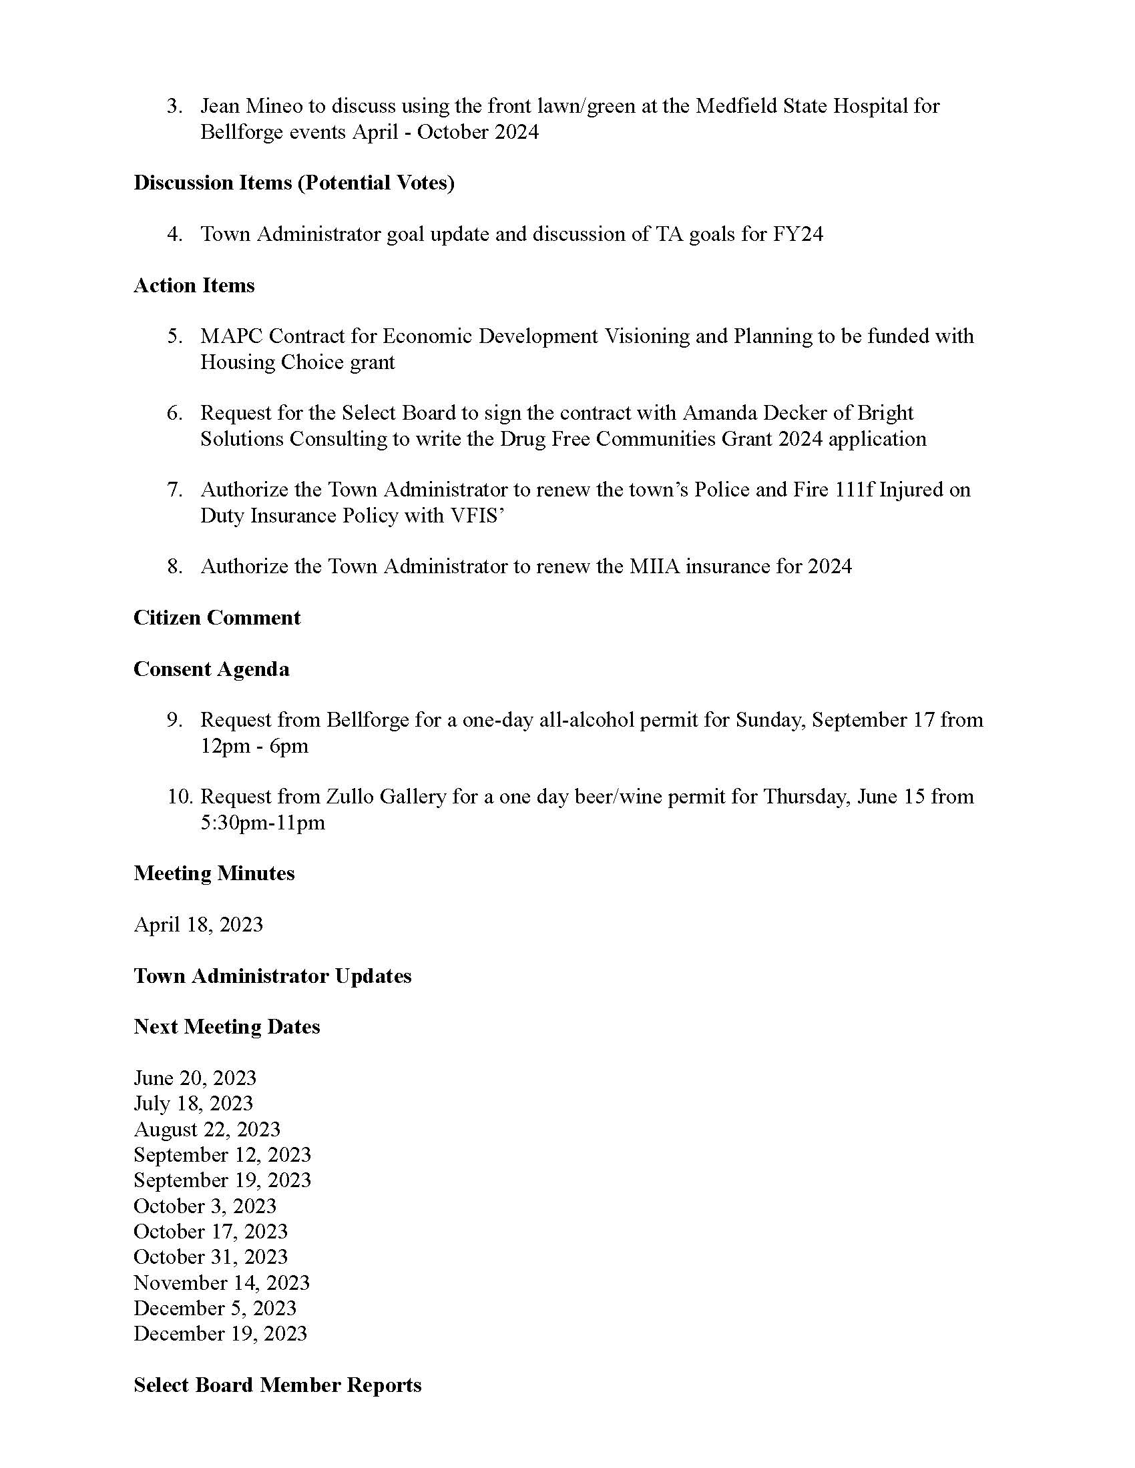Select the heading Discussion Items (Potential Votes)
[294, 183]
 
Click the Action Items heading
[194, 286]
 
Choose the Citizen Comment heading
[216, 618]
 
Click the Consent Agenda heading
[211, 669]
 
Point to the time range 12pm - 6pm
[254, 746]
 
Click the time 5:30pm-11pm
[262, 823]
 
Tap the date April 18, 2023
[198, 925]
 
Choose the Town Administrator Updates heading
[272, 976]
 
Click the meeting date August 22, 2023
[206, 1129]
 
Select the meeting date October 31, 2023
[210, 1257]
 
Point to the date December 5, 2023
[214, 1308]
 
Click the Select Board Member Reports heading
[277, 1385]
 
